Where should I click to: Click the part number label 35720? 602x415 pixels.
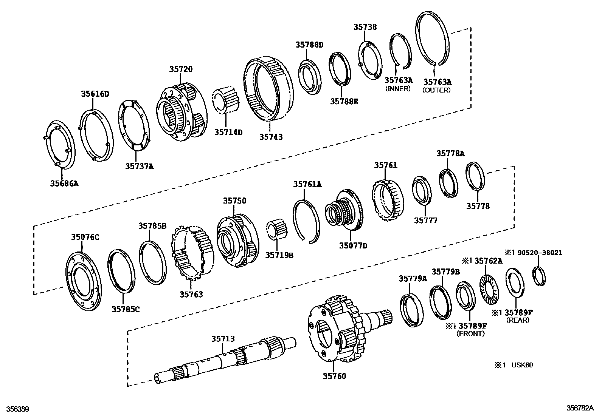point(181,69)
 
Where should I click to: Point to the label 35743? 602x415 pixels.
point(271,137)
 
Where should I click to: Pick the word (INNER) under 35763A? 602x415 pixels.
point(398,89)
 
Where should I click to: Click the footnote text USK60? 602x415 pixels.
point(522,365)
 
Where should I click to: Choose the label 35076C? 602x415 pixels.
point(85,237)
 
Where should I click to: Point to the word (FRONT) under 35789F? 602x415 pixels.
point(470,333)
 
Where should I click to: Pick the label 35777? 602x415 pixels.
point(425,221)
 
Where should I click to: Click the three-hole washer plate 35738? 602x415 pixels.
point(369,60)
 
